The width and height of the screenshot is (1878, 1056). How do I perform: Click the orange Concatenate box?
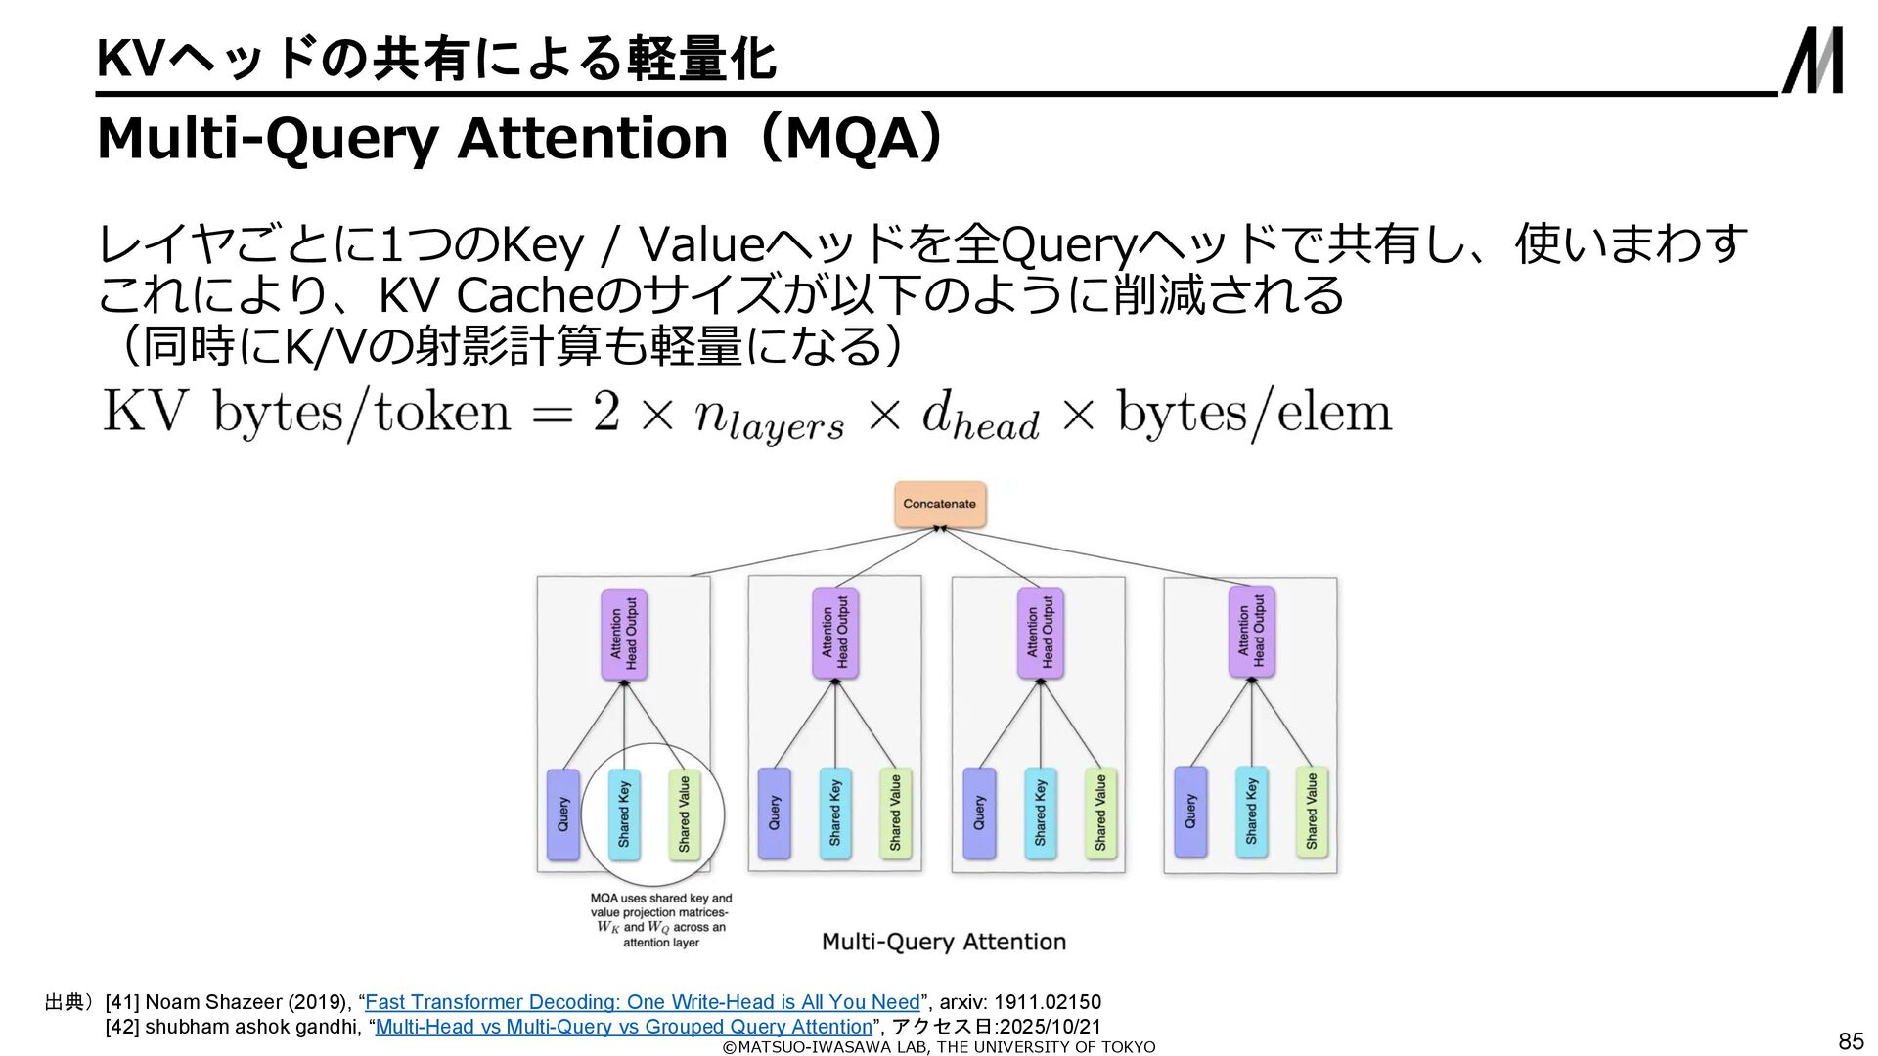939,505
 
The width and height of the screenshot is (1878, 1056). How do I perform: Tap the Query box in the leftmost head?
562,814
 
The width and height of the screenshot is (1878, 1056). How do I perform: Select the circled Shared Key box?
624,814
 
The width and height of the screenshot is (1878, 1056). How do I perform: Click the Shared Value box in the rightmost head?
1312,813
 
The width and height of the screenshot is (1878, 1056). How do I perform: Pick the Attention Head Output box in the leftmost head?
624,635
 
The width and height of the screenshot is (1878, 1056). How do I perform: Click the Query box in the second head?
774,814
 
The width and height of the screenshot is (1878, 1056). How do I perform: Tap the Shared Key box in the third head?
1040,814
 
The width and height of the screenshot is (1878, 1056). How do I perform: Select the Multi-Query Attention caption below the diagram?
943,942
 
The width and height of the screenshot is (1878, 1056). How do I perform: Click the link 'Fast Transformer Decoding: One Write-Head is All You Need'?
642,1002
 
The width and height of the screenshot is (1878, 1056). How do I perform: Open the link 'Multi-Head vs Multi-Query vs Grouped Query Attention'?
623,1027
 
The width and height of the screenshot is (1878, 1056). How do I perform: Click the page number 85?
1851,1040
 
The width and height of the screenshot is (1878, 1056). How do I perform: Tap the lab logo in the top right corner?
1812,61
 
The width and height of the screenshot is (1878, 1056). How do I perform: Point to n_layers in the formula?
769,418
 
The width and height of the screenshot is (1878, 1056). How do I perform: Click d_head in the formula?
980,418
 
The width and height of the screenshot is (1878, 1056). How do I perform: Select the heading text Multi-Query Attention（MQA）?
519,139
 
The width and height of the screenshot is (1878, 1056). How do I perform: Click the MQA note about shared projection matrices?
660,919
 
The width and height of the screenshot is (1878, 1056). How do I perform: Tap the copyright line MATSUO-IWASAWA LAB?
938,1047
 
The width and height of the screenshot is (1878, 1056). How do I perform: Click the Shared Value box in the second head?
895,814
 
